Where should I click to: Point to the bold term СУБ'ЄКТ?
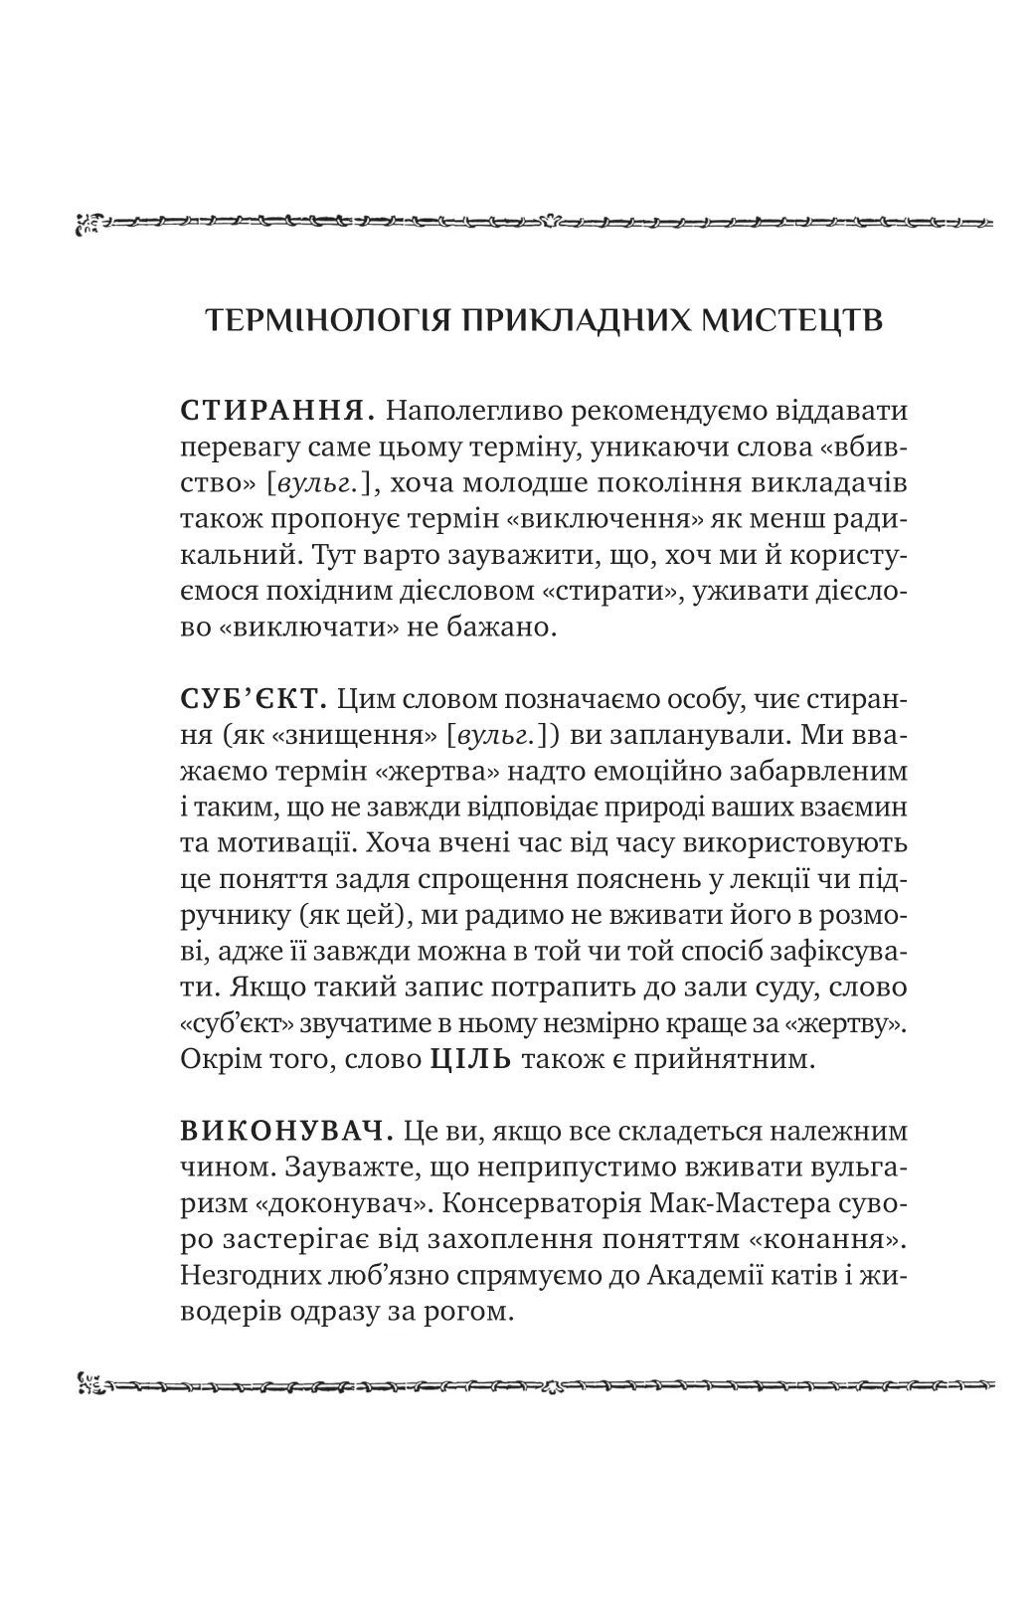[x=255, y=699]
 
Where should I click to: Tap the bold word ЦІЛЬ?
[x=470, y=1059]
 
